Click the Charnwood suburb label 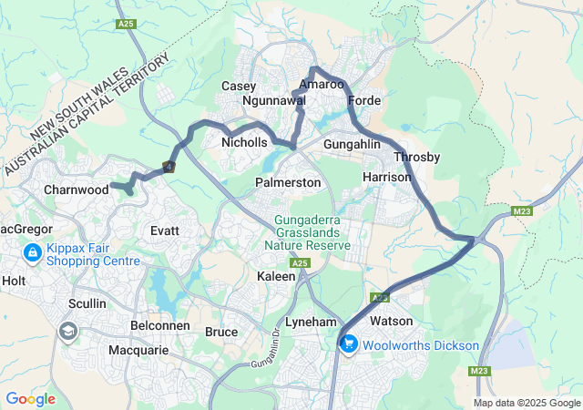[x=76, y=190]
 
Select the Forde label [x=363, y=100]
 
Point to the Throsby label [x=416, y=158]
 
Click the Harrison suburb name [x=387, y=176]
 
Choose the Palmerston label [x=288, y=183]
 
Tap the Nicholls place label [x=245, y=143]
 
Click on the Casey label [x=239, y=86]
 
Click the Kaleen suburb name [x=276, y=276]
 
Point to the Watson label [x=390, y=322]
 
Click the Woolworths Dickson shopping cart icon [x=348, y=343]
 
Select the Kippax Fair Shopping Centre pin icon [x=32, y=251]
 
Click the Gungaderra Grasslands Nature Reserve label [x=307, y=233]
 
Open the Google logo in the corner [x=30, y=398]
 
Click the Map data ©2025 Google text [x=527, y=403]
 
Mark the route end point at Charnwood [x=113, y=188]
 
